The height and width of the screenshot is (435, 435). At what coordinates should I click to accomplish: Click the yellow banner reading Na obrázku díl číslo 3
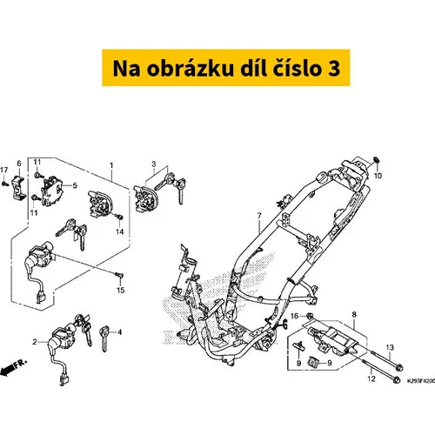[226, 68]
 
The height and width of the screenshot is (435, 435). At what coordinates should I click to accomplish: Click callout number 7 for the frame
[259, 216]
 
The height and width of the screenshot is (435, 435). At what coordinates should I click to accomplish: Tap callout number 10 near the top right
[378, 176]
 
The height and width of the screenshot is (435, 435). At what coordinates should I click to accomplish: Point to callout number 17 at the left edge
[4, 170]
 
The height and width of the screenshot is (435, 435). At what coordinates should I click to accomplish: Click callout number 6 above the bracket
[19, 164]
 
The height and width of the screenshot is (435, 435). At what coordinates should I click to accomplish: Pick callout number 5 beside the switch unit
[75, 185]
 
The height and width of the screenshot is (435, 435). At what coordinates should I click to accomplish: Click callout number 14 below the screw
[120, 231]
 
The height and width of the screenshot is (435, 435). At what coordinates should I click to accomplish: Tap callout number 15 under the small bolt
[121, 290]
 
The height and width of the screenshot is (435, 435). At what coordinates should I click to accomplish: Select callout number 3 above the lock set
[154, 164]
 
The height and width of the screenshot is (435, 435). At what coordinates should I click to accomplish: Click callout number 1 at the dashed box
[111, 165]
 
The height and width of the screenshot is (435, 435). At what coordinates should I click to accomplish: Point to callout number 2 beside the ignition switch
[35, 342]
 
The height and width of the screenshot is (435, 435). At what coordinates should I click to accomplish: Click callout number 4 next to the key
[119, 332]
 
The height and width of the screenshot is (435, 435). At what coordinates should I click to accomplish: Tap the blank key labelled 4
[104, 338]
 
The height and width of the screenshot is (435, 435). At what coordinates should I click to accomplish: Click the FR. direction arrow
[13, 367]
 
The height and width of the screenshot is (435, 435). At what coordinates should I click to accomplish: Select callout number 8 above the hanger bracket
[354, 315]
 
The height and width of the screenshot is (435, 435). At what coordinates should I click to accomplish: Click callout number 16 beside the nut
[294, 316]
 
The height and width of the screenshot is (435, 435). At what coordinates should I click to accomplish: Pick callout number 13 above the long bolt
[390, 347]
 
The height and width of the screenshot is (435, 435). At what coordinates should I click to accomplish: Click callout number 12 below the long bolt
[371, 378]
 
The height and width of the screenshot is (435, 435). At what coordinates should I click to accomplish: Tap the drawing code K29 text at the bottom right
[421, 380]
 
